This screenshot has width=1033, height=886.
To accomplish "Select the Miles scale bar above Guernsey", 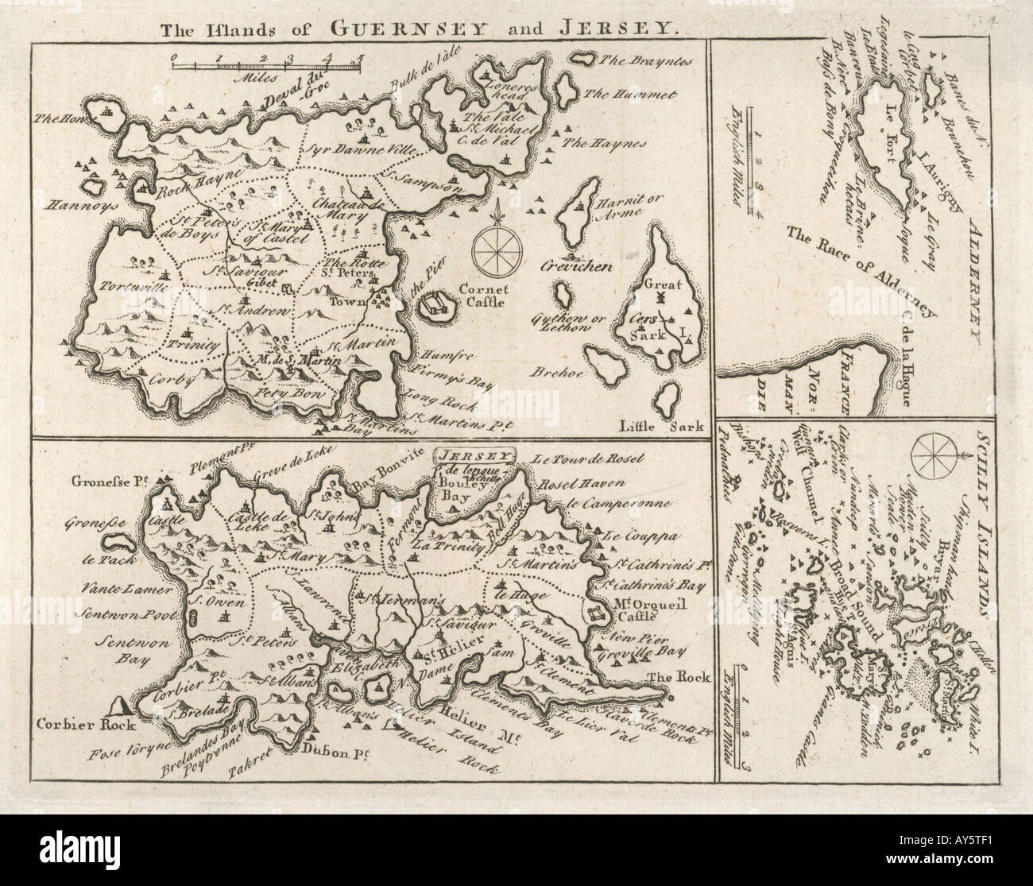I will pos(267,66).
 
